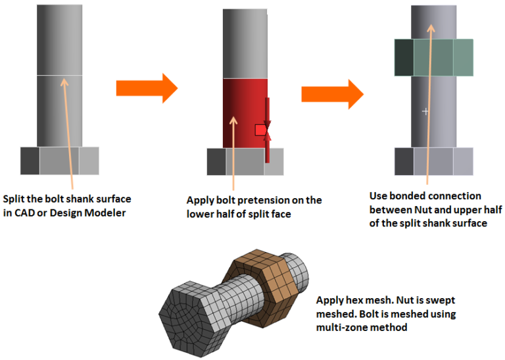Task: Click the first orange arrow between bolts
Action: click(146, 87)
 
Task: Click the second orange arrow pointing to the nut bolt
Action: click(332, 93)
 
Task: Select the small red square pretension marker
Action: click(260, 130)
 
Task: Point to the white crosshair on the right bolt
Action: click(425, 111)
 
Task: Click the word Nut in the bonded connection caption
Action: click(424, 210)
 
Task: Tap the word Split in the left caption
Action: click(15, 199)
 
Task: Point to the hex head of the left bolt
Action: click(60, 161)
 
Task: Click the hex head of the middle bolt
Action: click(245, 162)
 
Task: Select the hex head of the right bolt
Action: click(433, 161)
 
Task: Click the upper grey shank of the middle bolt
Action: click(245, 44)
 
